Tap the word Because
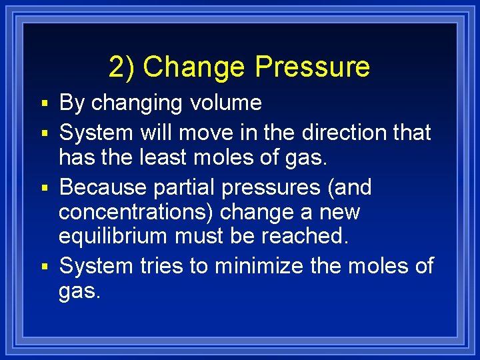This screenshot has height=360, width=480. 103,187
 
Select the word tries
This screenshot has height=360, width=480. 161,266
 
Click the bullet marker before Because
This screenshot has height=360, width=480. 44,189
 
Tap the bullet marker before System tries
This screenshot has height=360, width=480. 44,267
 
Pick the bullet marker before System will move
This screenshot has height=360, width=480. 44,133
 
